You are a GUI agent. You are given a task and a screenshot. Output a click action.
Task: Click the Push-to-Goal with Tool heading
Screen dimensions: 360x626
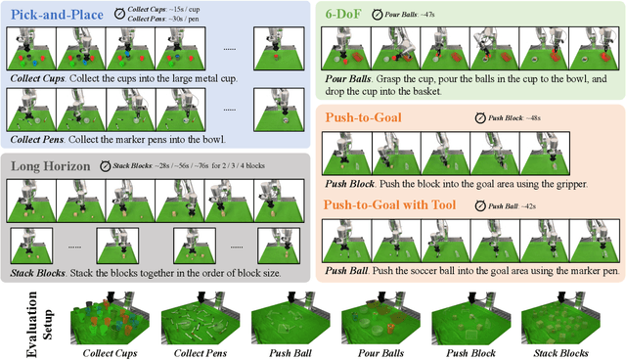(399, 206)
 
